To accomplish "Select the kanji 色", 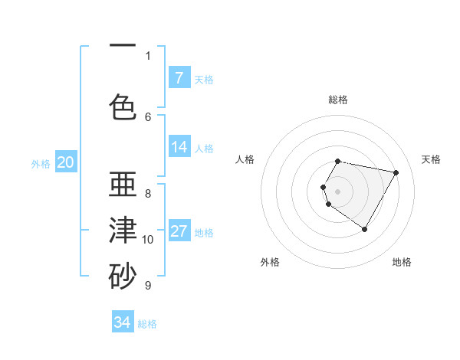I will pyautogui.click(x=123, y=107).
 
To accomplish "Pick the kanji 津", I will pyautogui.click(x=123, y=231).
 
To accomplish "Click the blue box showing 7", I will pyautogui.click(x=179, y=77).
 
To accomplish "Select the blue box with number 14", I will pyautogui.click(x=179, y=147).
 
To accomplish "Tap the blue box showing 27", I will pyautogui.click(x=179, y=231).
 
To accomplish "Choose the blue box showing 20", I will pyautogui.click(x=65, y=162).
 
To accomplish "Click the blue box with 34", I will pyautogui.click(x=123, y=322).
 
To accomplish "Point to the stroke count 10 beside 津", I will pyautogui.click(x=148, y=240).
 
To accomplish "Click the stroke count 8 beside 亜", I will pyautogui.click(x=148, y=194).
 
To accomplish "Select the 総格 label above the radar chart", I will pyautogui.click(x=338, y=100).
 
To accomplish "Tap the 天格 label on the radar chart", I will pyautogui.click(x=432, y=159).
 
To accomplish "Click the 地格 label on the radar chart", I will pyautogui.click(x=402, y=262).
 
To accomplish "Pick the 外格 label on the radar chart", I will pyautogui.click(x=270, y=262).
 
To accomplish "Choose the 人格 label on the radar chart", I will pyautogui.click(x=245, y=159).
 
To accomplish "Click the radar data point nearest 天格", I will pyautogui.click(x=396, y=172).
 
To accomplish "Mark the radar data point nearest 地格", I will pyautogui.click(x=364, y=229).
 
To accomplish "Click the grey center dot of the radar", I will pyautogui.click(x=338, y=191).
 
